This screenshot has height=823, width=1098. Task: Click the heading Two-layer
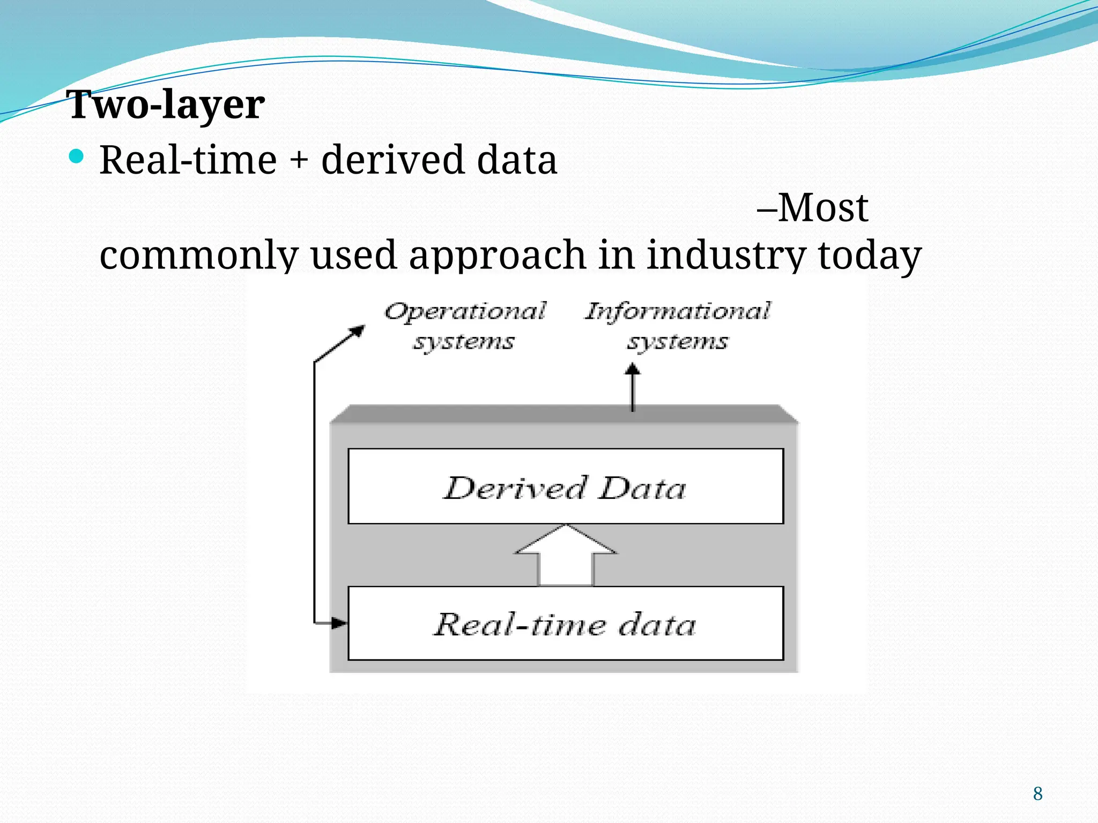click(166, 104)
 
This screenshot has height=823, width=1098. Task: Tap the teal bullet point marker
click(77, 156)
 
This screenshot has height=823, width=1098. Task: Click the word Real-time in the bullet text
click(188, 160)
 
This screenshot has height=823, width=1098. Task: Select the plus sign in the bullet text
click(299, 161)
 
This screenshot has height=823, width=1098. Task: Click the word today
click(869, 256)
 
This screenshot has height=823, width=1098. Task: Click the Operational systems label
click(464, 326)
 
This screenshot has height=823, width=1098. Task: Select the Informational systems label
click(678, 326)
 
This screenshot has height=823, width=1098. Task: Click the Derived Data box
click(566, 487)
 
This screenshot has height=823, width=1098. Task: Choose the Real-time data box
click(566, 624)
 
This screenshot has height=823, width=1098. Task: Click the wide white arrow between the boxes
click(566, 557)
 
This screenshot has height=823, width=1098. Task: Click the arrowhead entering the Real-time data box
click(339, 623)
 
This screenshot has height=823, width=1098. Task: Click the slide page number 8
click(1037, 794)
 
